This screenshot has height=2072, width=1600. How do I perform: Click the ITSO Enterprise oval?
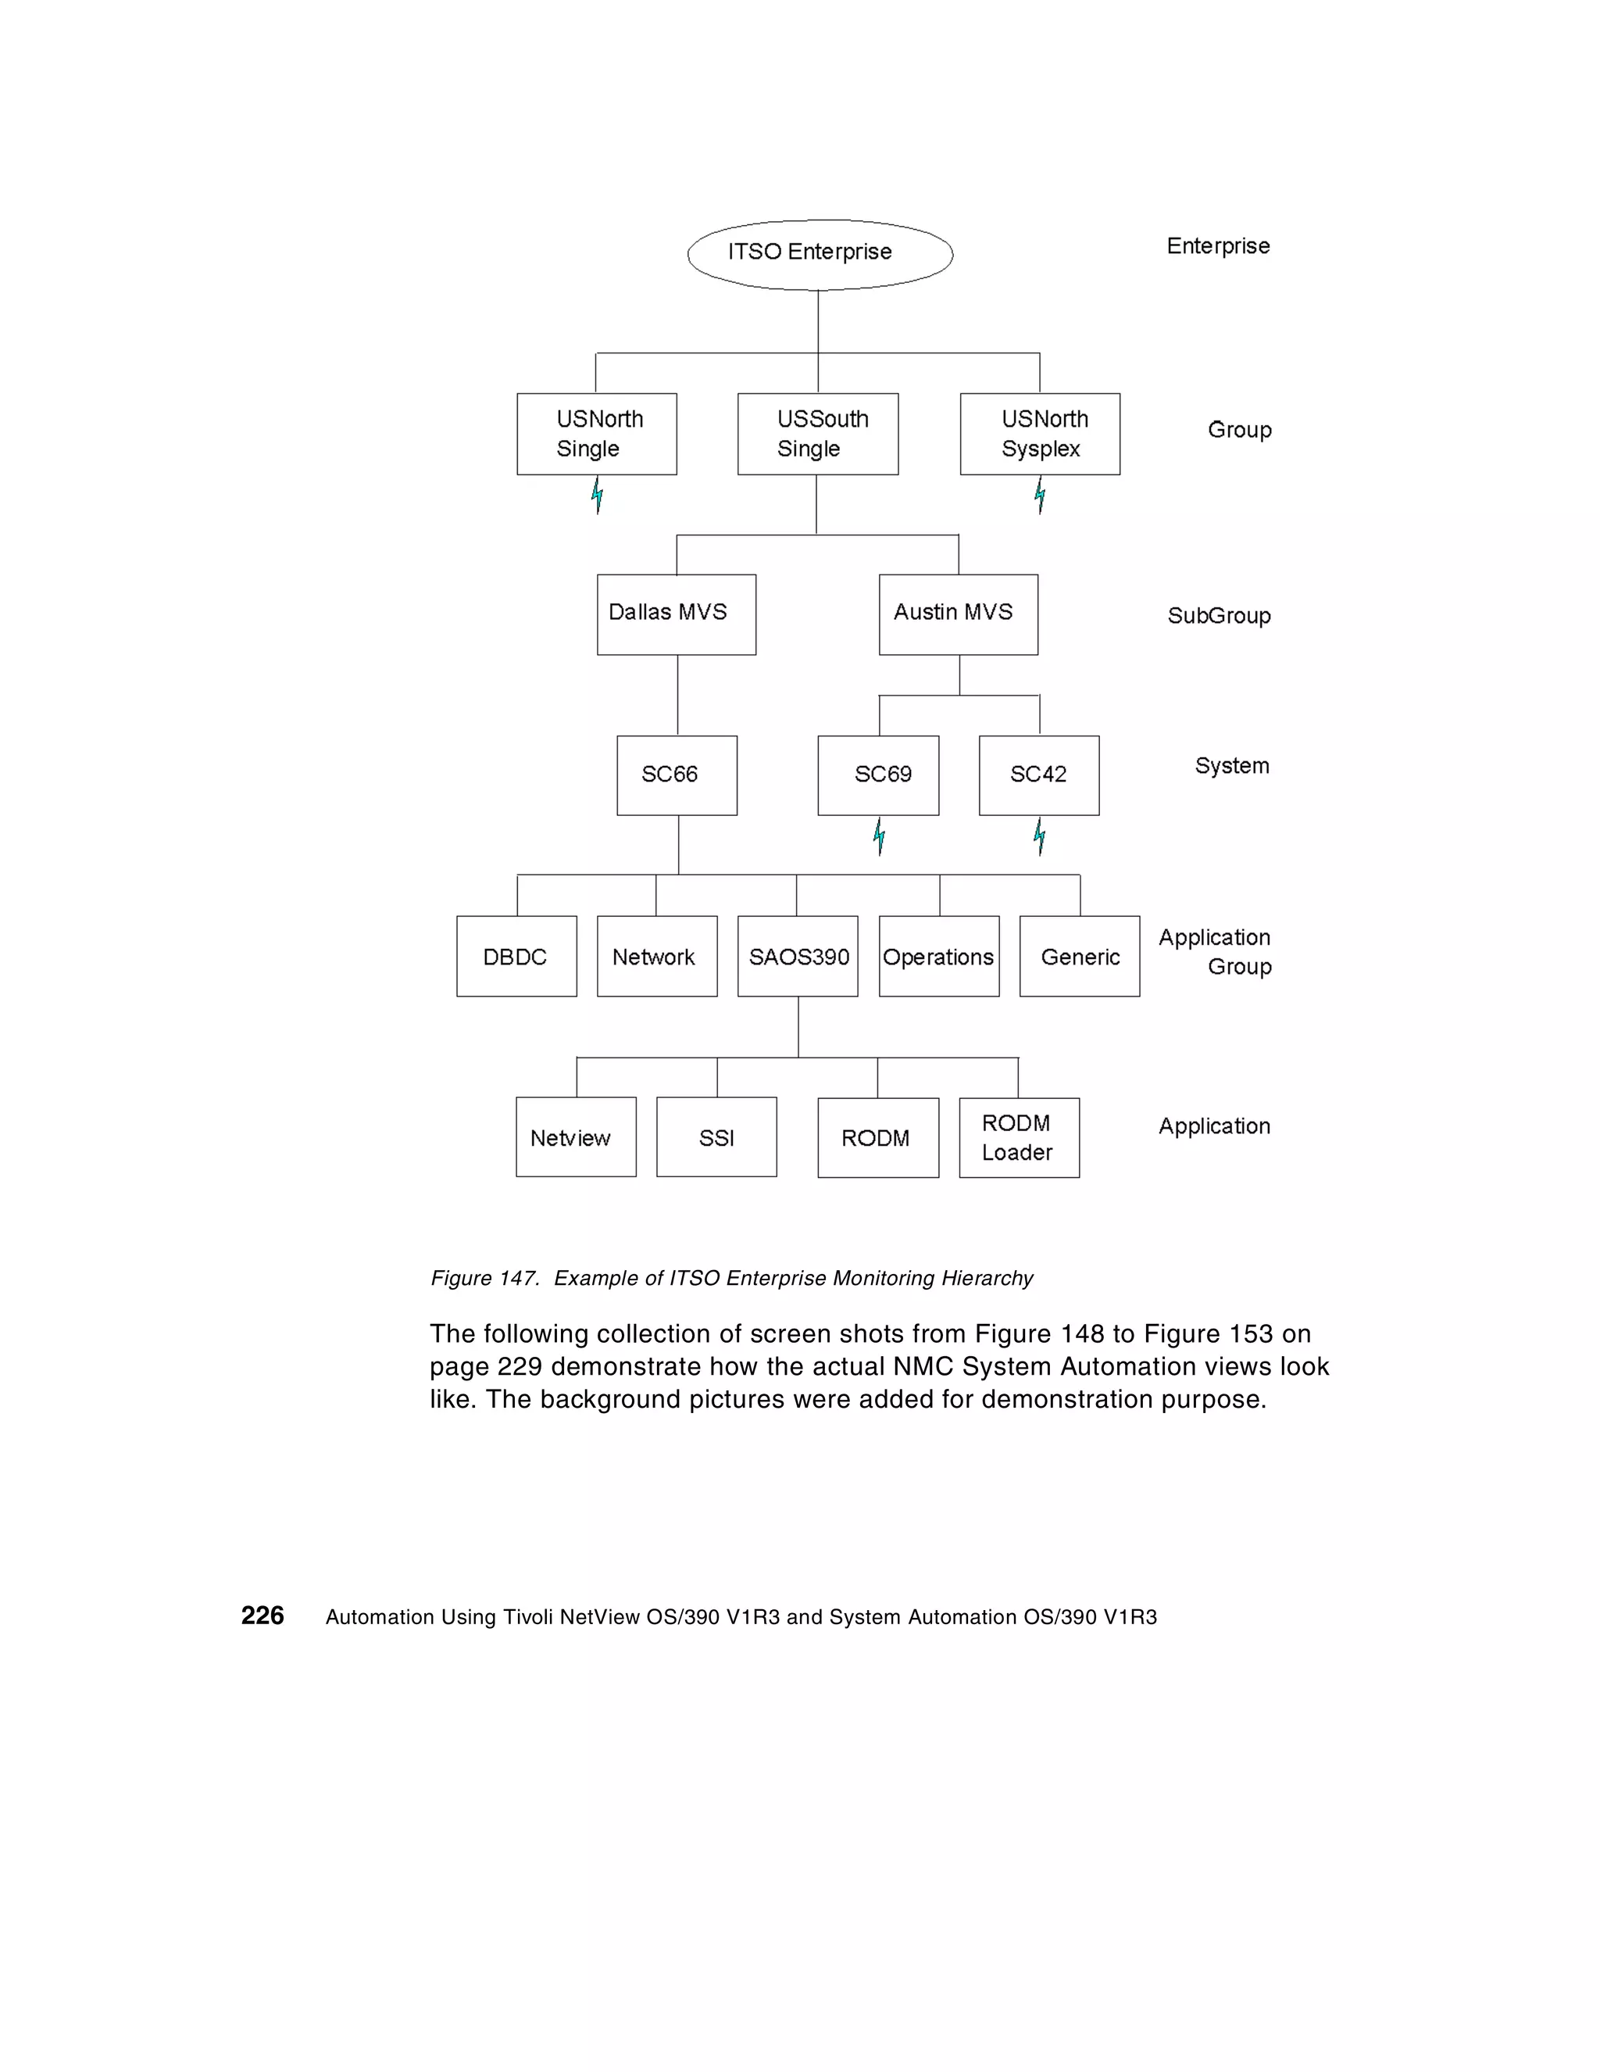(x=820, y=254)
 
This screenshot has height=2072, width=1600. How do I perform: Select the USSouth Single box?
(x=817, y=434)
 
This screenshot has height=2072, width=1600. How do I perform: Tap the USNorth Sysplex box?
(x=1040, y=434)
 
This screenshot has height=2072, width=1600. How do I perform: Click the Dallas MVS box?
(x=677, y=614)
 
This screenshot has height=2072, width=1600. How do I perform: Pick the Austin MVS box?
(x=958, y=614)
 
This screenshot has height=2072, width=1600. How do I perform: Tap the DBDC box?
(x=516, y=957)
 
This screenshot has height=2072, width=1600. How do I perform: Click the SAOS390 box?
(x=798, y=957)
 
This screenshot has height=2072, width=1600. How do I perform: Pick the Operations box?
(x=939, y=957)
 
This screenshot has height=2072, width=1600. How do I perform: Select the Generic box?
(x=1080, y=957)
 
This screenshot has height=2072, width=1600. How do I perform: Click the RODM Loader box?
(x=1019, y=1137)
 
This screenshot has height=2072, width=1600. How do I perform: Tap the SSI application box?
(x=716, y=1137)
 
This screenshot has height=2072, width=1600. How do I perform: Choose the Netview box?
(x=576, y=1137)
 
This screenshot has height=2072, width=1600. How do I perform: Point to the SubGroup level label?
(x=1219, y=616)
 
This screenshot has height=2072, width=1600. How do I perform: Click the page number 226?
(x=262, y=1616)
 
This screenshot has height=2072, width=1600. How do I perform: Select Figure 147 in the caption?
(x=484, y=1278)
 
